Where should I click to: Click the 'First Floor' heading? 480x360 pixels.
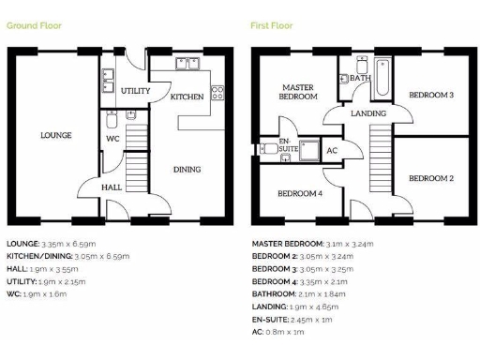[x=272, y=25]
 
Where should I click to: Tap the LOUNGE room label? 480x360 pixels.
[x=55, y=135]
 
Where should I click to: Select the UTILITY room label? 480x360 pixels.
[x=135, y=91]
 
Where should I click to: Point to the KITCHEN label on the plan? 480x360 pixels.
[x=187, y=97]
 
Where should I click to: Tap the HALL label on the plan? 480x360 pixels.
[x=111, y=187]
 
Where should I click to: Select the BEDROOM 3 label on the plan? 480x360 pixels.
[x=432, y=95]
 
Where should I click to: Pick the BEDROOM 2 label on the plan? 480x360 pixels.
[x=432, y=177]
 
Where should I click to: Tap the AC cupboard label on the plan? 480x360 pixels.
[x=331, y=150]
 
